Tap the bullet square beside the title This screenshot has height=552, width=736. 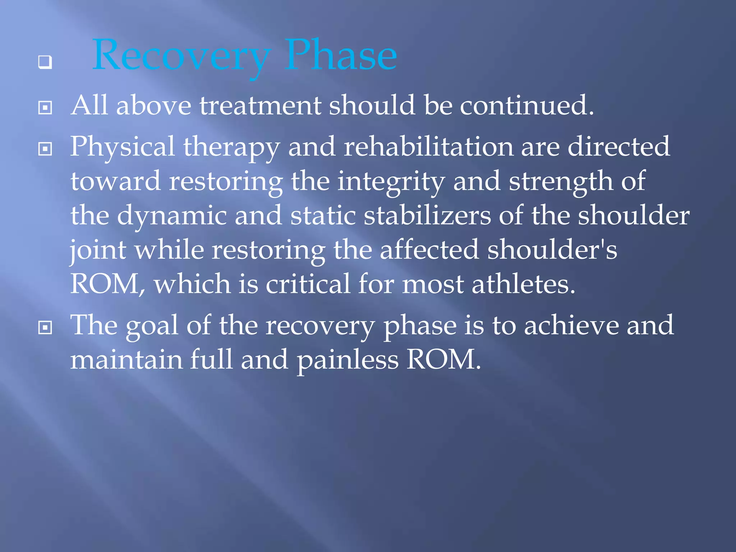pos(45,62)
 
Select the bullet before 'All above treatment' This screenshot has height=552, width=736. pos(45,107)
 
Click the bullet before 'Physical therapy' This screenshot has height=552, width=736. pos(45,148)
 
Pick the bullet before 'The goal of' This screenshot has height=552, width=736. pos(45,327)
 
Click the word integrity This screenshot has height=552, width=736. pos(391,182)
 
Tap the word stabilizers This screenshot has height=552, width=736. pos(427,216)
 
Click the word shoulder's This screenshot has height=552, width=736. pos(552,250)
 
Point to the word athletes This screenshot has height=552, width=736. pos(523,284)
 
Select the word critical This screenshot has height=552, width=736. pos(308,284)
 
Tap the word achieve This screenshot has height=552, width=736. pos(571,325)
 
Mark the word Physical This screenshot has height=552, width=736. pos(122,147)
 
